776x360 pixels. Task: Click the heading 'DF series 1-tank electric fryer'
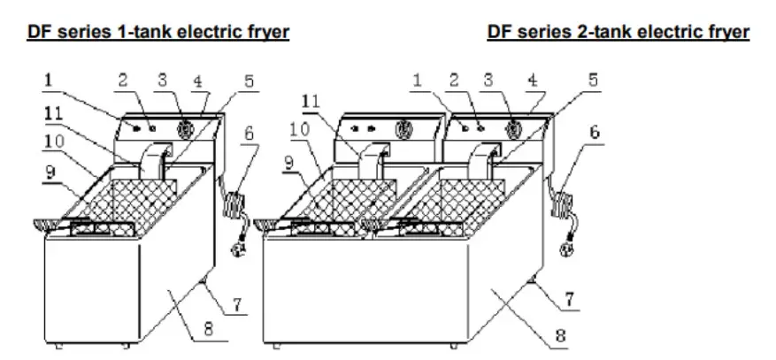coord(158,32)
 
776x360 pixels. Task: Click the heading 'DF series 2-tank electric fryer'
coord(618,32)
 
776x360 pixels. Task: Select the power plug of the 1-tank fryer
coord(238,250)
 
